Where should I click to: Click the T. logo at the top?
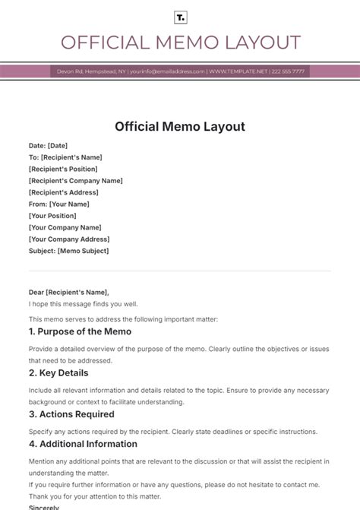click(x=180, y=17)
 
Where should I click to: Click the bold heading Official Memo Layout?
click(x=180, y=126)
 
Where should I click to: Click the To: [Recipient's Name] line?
click(x=65, y=157)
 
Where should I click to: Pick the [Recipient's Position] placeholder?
click(x=65, y=169)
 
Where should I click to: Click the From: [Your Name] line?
click(x=60, y=204)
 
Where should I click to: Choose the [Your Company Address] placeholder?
click(x=69, y=239)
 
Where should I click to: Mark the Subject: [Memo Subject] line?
click(x=69, y=251)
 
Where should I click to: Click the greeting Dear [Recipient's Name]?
click(x=69, y=292)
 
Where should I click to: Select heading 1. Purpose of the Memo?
click(x=80, y=331)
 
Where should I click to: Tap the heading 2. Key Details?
click(x=58, y=373)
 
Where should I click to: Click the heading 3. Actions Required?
click(x=71, y=414)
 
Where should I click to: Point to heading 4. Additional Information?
click(x=83, y=444)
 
